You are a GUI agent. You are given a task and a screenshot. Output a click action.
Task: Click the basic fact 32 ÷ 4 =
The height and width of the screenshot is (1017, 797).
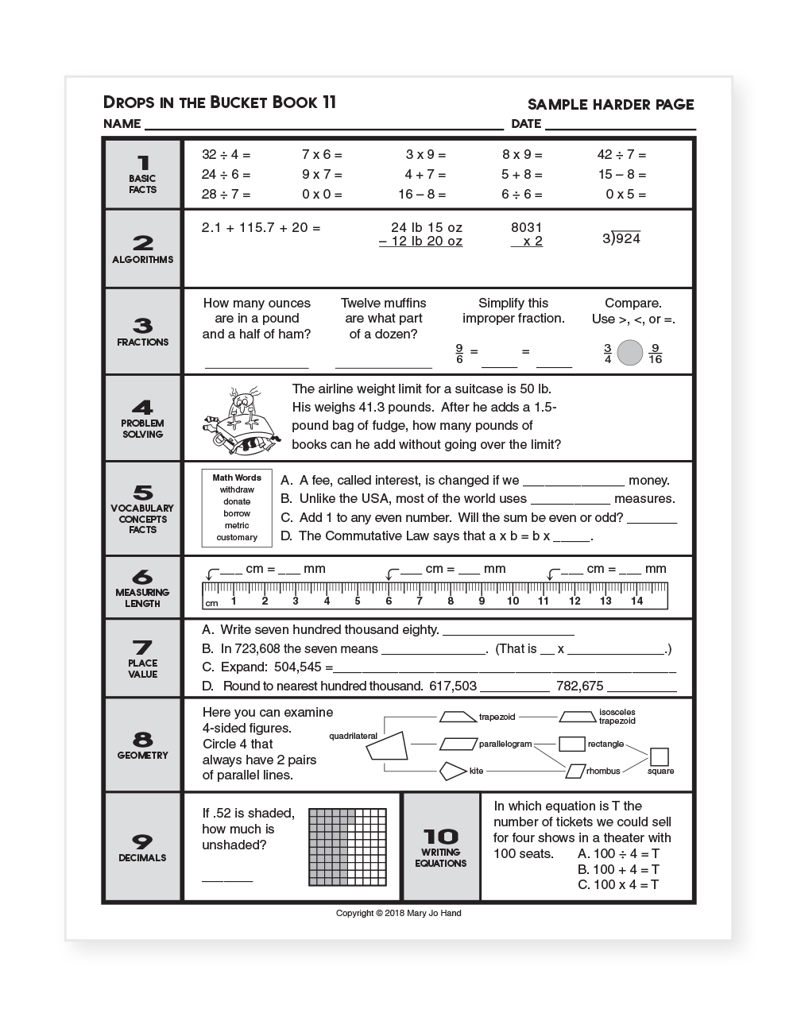pyautogui.click(x=226, y=155)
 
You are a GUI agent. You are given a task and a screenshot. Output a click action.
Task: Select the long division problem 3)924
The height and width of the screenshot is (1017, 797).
pyautogui.click(x=621, y=238)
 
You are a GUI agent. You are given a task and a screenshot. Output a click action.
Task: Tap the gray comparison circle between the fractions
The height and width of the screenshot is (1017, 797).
pyautogui.click(x=629, y=353)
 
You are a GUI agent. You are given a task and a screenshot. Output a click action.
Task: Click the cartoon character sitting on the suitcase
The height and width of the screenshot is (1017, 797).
pyautogui.click(x=241, y=420)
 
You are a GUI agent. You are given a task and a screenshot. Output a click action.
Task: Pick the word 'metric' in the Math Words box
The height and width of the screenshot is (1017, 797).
pyautogui.click(x=237, y=525)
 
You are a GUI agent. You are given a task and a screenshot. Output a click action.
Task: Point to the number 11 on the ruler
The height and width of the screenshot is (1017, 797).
pyautogui.click(x=544, y=601)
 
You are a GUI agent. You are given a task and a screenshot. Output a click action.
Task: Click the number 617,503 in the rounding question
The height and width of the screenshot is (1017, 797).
pyautogui.click(x=453, y=686)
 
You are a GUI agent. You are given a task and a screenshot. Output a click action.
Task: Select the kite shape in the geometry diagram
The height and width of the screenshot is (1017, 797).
pyautogui.click(x=452, y=770)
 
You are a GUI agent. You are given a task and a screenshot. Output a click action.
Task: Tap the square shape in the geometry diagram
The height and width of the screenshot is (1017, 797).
pyautogui.click(x=659, y=756)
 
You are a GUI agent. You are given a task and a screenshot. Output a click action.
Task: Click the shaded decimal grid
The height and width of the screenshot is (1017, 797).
pyautogui.click(x=347, y=847)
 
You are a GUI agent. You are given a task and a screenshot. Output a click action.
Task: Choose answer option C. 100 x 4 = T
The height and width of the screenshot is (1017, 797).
pyautogui.click(x=618, y=884)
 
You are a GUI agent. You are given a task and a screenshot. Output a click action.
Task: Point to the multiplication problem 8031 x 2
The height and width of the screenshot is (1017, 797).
pyautogui.click(x=527, y=234)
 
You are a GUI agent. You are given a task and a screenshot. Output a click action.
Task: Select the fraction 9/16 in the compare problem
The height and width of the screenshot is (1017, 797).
pyautogui.click(x=655, y=353)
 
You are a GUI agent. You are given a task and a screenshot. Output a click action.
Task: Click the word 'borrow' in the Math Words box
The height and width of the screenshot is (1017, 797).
pyautogui.click(x=237, y=513)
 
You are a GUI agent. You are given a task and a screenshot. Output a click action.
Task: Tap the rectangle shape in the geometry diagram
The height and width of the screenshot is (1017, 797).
pyautogui.click(x=572, y=744)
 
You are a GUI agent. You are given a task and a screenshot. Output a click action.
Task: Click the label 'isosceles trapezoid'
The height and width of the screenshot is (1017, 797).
pyautogui.click(x=617, y=717)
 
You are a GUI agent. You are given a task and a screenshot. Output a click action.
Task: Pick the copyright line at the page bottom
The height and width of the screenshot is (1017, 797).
pyautogui.click(x=398, y=913)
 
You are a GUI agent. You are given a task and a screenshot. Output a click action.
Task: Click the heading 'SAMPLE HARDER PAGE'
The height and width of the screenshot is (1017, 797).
pyautogui.click(x=610, y=104)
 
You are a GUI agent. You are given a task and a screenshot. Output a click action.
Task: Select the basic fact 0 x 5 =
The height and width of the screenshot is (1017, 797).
pyautogui.click(x=625, y=195)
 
